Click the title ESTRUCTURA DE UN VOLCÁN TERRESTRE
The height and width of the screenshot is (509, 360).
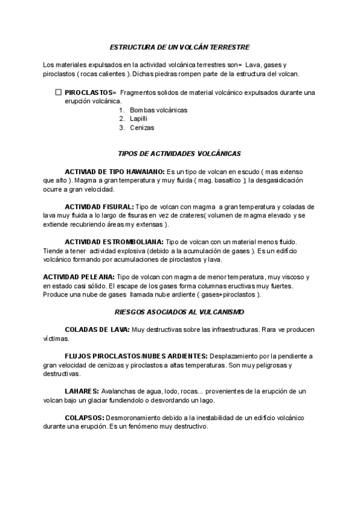pos(180,46)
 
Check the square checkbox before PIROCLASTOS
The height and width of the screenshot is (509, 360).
pos(58,92)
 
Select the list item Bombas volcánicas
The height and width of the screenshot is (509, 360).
pos(158,110)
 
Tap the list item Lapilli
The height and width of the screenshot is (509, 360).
pos(139,119)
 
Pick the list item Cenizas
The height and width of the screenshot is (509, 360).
pos(142,128)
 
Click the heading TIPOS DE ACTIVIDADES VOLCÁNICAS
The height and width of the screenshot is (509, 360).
pos(180,154)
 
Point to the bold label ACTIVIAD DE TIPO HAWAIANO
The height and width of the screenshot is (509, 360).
pos(115,171)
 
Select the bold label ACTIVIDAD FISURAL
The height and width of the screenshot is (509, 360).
pos(99,206)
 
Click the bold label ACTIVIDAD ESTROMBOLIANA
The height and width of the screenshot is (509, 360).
pos(113,241)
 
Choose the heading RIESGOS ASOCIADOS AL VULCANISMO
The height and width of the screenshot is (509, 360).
pos(179,312)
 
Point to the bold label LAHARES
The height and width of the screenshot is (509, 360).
pos(81,391)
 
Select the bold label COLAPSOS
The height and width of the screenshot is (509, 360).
pos(85,417)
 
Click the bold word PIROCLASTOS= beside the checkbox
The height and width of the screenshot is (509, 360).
pos(90,92)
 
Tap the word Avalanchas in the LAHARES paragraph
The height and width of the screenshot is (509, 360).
pos(119,391)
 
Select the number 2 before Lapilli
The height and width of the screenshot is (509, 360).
pos(121,119)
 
